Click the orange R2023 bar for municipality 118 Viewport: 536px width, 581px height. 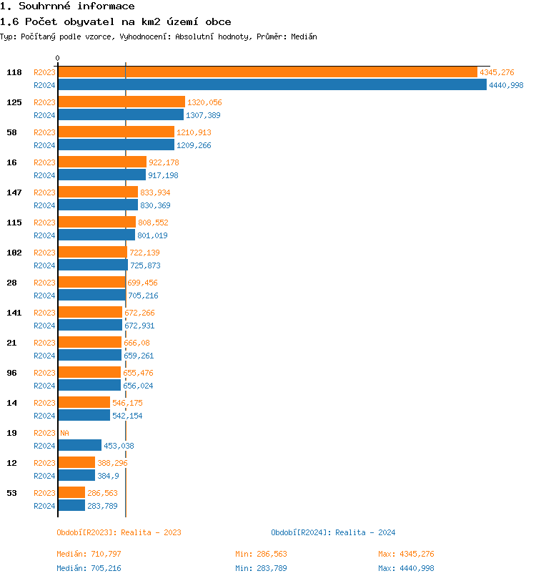click(267, 72)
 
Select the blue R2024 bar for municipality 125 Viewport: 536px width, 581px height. click(121, 115)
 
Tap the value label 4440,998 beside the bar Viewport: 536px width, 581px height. click(506, 85)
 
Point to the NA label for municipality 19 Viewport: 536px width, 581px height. click(64, 433)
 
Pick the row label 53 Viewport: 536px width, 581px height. click(12, 493)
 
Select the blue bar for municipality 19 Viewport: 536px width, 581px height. click(79, 446)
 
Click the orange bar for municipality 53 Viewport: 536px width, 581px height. click(71, 493)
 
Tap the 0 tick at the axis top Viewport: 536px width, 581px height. click(58, 59)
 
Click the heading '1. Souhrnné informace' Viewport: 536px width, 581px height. click(67, 6)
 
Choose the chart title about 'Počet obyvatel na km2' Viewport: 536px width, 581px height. click(115, 22)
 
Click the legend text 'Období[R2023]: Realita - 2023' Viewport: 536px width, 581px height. click(119, 532)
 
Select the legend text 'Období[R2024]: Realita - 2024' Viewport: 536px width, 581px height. click(333, 532)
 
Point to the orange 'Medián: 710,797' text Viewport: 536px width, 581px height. click(89, 554)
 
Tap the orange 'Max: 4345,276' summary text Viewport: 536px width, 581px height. click(406, 554)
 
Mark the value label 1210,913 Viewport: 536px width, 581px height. click(194, 132)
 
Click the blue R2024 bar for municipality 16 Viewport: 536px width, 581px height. click(101, 175)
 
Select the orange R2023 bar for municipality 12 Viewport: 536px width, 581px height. click(76, 463)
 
